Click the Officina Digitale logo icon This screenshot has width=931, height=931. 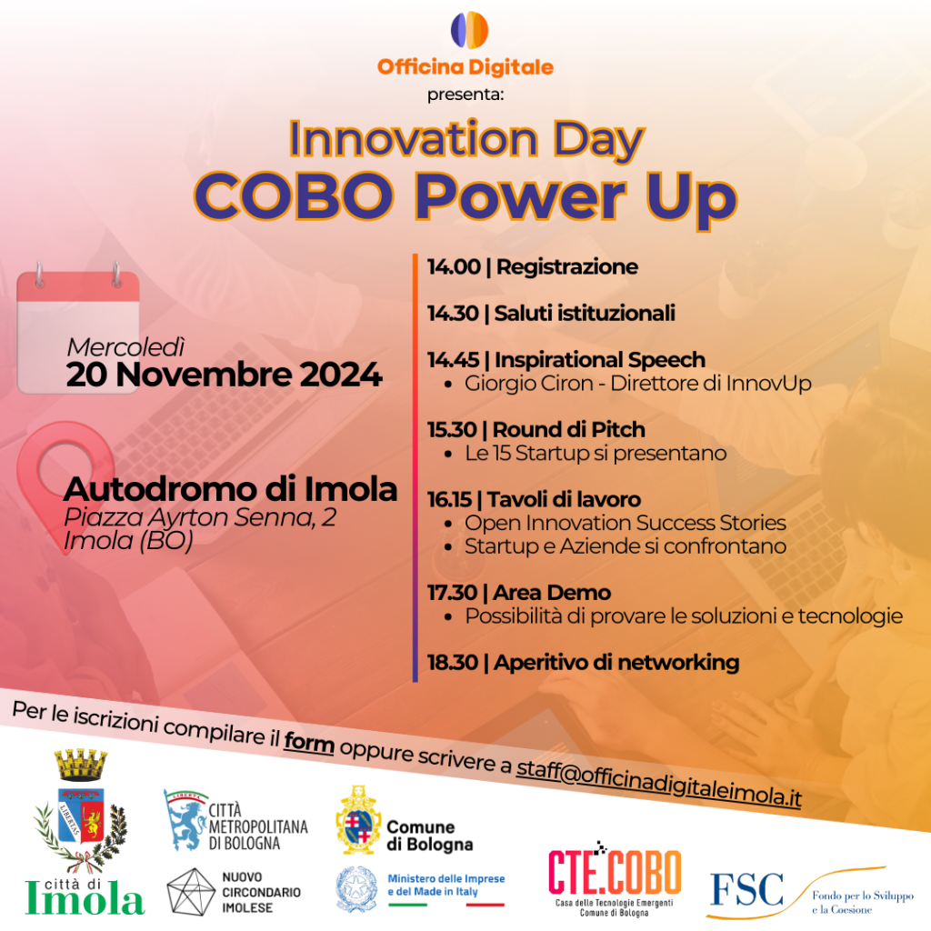pos(469,30)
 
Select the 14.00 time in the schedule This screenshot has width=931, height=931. pos(454,266)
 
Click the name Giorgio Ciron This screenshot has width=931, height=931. pos(528,383)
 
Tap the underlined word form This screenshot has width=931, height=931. pos(309,742)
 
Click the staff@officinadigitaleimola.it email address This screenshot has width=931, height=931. pos(659,783)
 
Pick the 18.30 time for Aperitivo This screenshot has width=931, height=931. pos(453,662)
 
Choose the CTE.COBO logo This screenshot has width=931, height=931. pos(614,878)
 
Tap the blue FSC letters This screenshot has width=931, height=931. pos(746,889)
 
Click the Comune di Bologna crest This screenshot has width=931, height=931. pos(358,820)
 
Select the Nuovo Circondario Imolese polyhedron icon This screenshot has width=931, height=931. pos(191,891)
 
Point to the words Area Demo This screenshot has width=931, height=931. pos(552,593)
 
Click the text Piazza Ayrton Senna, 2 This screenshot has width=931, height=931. pos(200,517)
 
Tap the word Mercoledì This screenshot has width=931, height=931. pos(125,347)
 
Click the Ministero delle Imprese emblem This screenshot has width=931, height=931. pos(356,889)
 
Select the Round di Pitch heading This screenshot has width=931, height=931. pos(568,429)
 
